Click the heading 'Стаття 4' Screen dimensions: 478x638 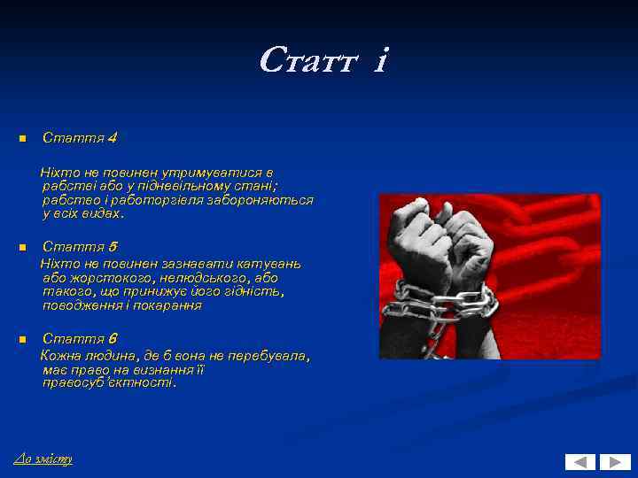[80, 138]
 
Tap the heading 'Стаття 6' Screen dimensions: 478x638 [80, 339]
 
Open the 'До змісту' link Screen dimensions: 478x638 [43, 459]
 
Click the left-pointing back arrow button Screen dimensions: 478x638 [580, 461]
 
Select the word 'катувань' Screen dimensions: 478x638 [271, 264]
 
